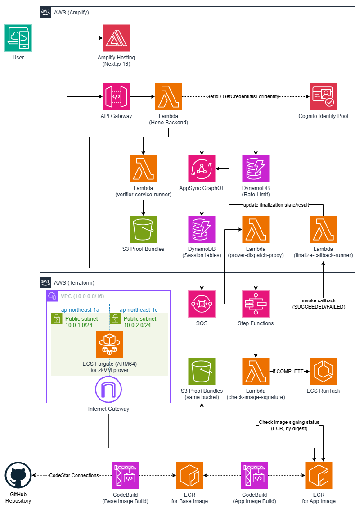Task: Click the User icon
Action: point(18,38)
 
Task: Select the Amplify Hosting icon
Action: point(116,38)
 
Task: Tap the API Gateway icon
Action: point(116,96)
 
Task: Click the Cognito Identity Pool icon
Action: point(324,96)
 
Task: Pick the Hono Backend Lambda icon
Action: point(168,96)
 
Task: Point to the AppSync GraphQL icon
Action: point(202,168)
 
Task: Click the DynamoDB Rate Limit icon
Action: point(256,168)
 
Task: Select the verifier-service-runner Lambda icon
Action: point(143,168)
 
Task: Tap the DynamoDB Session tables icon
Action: point(202,229)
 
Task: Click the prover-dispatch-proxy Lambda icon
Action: point(256,229)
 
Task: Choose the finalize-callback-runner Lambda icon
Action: point(323,229)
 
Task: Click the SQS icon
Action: point(202,304)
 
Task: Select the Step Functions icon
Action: point(256,304)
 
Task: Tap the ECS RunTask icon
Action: point(323,371)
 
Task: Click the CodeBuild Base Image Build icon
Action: point(125,475)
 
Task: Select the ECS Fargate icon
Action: point(109,344)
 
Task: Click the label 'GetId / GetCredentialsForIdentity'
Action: point(243,96)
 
